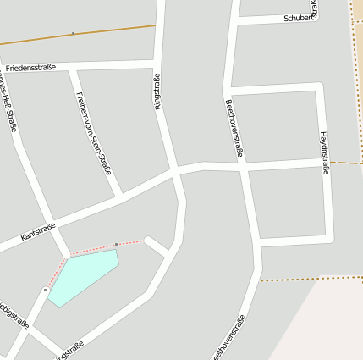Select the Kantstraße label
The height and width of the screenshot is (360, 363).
pos(38,232)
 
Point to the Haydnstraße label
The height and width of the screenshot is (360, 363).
pos(324,153)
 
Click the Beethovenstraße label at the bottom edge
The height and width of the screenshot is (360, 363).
pos(230,337)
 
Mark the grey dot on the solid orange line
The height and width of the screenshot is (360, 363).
pos(73,34)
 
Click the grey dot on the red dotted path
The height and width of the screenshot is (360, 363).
pos(116,245)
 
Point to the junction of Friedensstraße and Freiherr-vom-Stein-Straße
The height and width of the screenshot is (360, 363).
pos(74,66)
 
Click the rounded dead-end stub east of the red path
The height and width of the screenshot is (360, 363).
pos(149,241)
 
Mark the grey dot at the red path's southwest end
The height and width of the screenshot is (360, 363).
pos(45,290)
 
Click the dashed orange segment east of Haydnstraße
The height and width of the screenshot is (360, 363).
pos(345,162)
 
